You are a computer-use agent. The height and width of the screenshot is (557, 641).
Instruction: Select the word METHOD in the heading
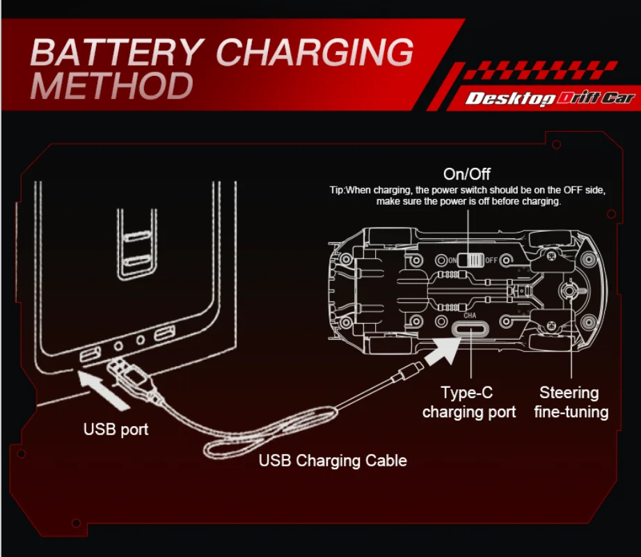click(112, 86)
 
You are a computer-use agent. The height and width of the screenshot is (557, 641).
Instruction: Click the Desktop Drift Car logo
click(550, 97)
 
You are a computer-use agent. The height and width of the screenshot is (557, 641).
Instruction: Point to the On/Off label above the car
click(466, 173)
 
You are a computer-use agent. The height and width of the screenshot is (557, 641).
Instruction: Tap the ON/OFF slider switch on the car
click(473, 260)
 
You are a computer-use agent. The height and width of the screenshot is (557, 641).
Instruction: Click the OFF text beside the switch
click(491, 260)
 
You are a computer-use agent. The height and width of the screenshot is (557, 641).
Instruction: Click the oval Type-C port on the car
click(470, 329)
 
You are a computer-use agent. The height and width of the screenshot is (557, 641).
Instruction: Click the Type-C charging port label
click(469, 402)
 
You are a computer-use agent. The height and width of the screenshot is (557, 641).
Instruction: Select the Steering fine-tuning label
click(570, 402)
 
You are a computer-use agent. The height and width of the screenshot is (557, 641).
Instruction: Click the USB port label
click(116, 429)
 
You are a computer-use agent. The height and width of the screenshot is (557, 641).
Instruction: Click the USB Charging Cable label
click(333, 460)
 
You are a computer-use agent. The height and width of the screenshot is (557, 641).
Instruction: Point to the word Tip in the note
click(337, 190)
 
